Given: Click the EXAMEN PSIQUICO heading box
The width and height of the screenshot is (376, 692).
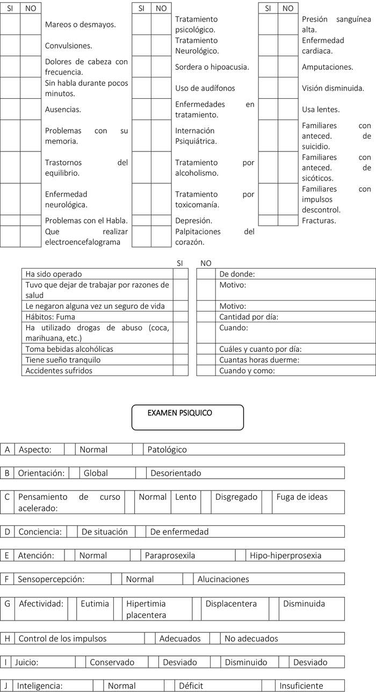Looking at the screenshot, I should pyautogui.click(x=187, y=417).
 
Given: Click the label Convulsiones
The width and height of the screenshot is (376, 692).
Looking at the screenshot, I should pyautogui.click(x=68, y=46).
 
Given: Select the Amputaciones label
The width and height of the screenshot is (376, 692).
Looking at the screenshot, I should pyautogui.click(x=327, y=67).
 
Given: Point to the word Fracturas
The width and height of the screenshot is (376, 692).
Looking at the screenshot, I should pyautogui.click(x=319, y=220).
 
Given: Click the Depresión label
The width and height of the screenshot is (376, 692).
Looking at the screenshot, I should pyautogui.click(x=193, y=220).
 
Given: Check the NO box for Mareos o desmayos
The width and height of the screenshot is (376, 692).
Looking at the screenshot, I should pyautogui.click(x=31, y=24).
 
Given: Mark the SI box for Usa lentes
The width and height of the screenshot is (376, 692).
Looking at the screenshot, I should pyautogui.click(x=268, y=109).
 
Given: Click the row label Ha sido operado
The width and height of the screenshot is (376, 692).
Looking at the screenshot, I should pyautogui.click(x=54, y=274).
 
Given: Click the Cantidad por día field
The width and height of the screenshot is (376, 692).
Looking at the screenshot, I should pyautogui.click(x=295, y=317).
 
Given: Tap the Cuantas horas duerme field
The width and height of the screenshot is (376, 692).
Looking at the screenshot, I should pyautogui.click(x=295, y=360).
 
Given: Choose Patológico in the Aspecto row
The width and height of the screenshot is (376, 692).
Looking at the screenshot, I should pyautogui.click(x=167, y=450).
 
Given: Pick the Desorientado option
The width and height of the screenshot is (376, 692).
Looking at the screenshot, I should pyautogui.click(x=176, y=473).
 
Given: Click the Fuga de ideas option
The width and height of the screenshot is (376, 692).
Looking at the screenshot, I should pyautogui.click(x=302, y=497).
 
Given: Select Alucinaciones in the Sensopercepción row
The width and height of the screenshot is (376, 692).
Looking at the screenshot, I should pyautogui.click(x=223, y=579).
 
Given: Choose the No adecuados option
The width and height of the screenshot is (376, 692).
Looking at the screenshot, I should pyautogui.click(x=251, y=639).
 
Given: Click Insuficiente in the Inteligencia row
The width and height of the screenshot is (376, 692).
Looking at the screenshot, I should pyautogui.click(x=301, y=686).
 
